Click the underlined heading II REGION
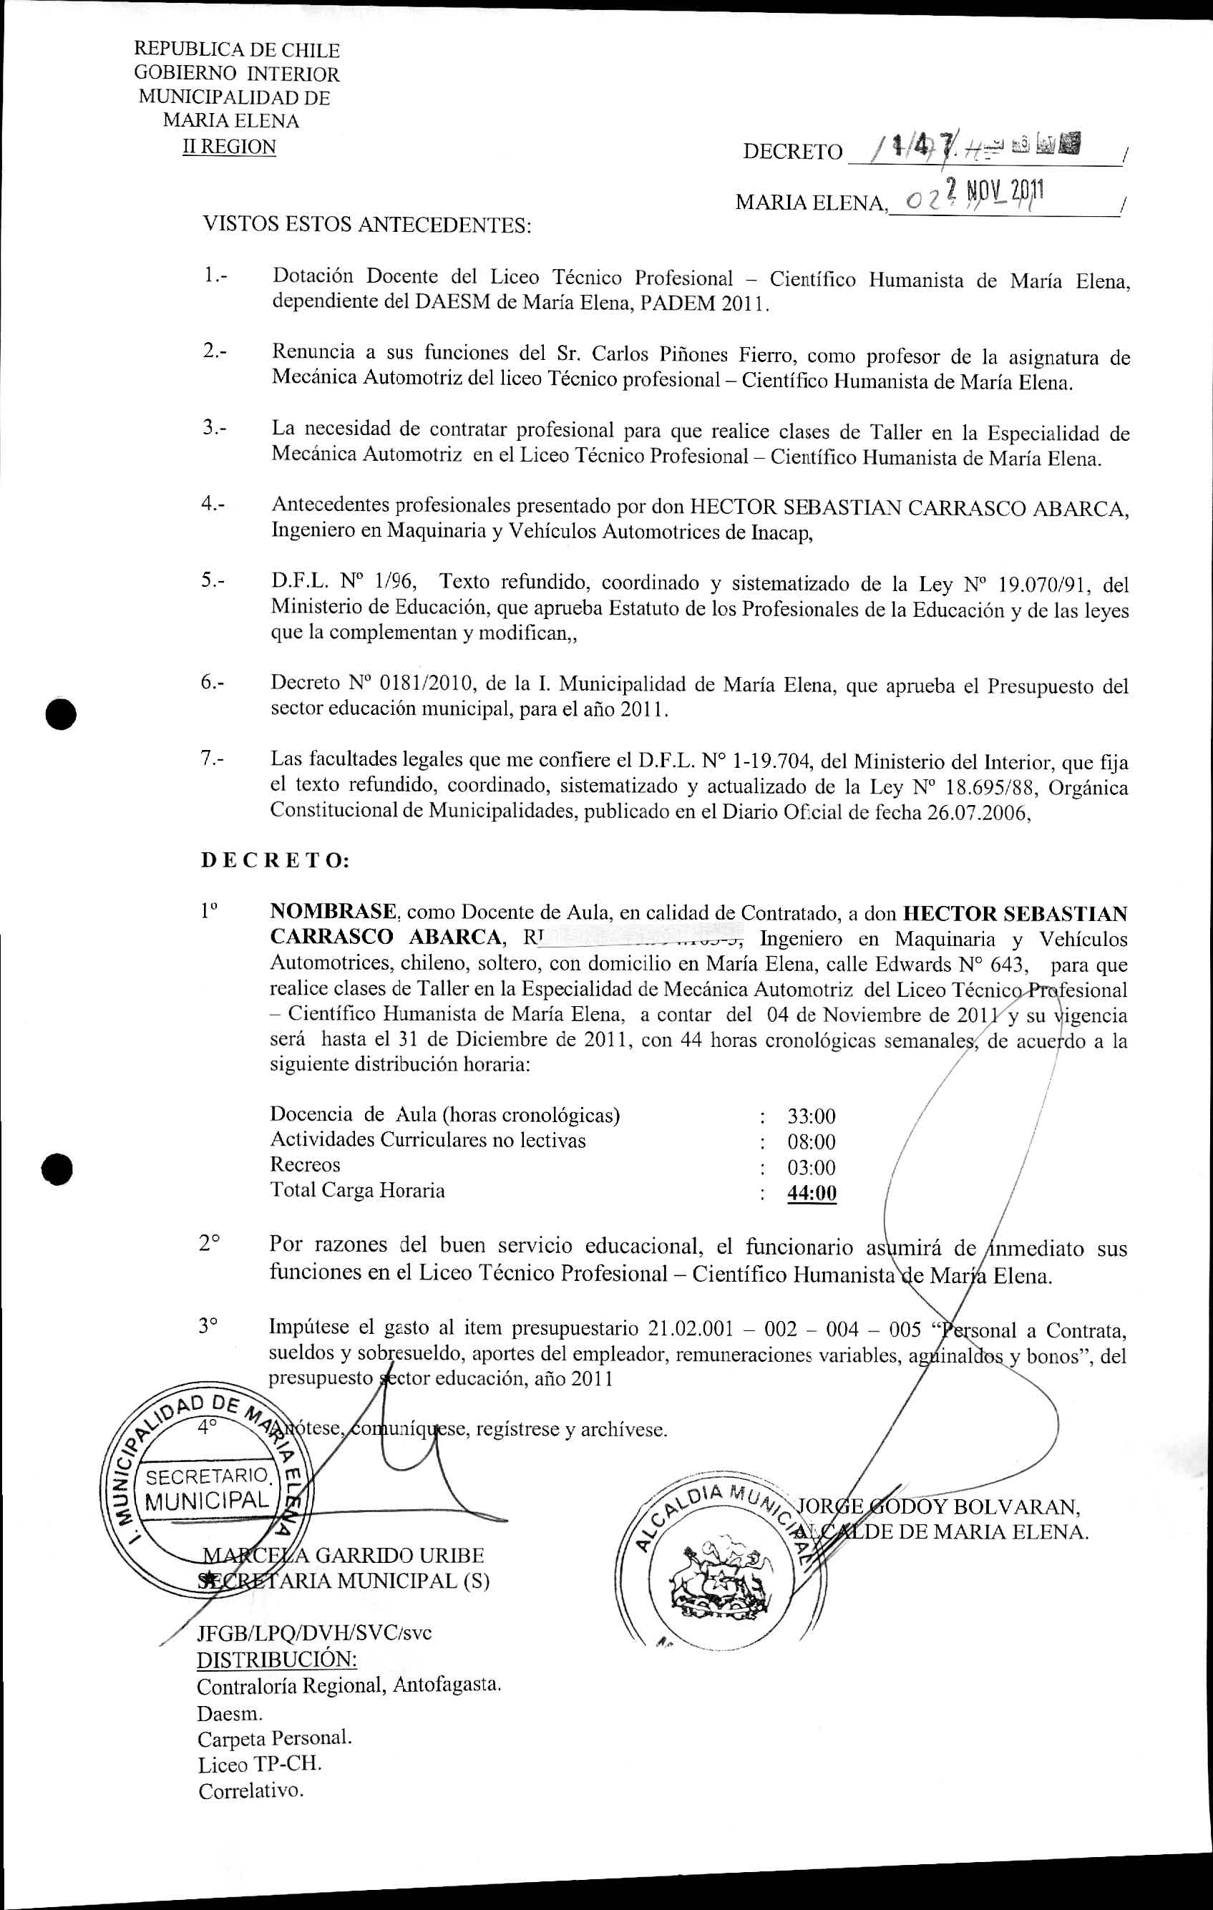pos(229,147)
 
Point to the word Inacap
pos(781,532)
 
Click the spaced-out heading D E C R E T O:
pos(275,861)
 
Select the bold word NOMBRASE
pos(332,912)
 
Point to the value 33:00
pos(811,1117)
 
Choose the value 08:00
pos(811,1142)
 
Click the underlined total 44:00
pos(812,1193)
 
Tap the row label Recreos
pos(305,1165)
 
